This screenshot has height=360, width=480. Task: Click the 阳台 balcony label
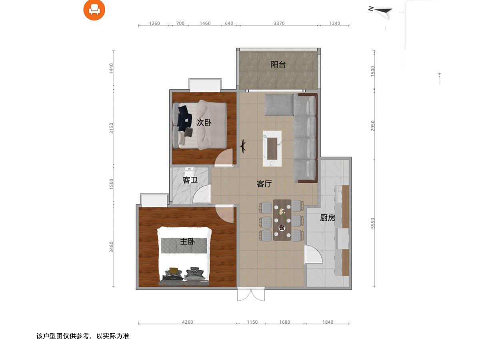[x=278, y=64]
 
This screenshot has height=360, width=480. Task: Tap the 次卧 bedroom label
[x=204, y=123]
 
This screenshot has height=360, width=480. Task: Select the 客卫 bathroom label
[x=190, y=180]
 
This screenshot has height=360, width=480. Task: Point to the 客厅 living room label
[x=264, y=184]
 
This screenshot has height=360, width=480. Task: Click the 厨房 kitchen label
[x=327, y=218]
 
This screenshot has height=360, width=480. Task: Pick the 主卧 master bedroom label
[x=187, y=242]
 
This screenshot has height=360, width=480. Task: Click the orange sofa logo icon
[x=94, y=10]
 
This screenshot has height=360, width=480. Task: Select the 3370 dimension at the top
[x=279, y=23]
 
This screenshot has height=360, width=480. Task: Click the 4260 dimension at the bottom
[x=188, y=322]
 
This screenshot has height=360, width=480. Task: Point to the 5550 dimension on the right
[x=373, y=223]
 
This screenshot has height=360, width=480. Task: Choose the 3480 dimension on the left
[x=111, y=247]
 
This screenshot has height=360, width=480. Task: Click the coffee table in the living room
[x=272, y=149]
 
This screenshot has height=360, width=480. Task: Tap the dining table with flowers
[x=282, y=220]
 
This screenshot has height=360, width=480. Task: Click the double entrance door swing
[x=251, y=294]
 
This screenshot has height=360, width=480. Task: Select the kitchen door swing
[x=313, y=255]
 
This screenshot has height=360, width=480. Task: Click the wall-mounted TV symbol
[x=243, y=146]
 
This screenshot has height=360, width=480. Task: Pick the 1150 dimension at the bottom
[x=252, y=322]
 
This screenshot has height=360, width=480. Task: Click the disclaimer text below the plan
[x=83, y=336]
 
